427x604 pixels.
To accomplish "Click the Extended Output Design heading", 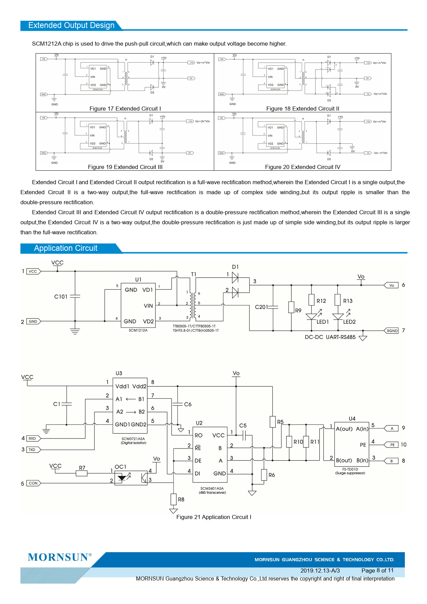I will tap(71, 26).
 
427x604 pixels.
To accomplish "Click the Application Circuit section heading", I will tap(66, 248).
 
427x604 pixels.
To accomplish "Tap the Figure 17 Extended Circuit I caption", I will tap(125, 108).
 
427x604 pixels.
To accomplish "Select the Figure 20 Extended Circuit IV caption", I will tap(302, 167).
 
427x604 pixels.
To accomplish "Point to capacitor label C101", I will tap(61, 296).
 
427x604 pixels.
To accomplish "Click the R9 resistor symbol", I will tap(291, 307).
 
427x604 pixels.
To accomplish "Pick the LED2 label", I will tap(349, 322).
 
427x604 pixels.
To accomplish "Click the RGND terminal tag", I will tap(392, 331).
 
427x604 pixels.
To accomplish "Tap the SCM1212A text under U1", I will tap(138, 330).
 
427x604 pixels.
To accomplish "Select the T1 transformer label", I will tap(194, 274).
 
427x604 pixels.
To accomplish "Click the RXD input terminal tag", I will tap(33, 438).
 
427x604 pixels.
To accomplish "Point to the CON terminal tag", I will tap(33, 483).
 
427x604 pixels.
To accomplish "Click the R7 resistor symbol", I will tap(82, 473).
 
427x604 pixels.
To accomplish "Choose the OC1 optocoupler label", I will tap(120, 467).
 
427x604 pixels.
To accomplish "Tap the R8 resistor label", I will tap(181, 499).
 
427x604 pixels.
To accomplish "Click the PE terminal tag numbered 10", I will tap(392, 445).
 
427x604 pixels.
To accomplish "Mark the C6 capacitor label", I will tap(188, 404).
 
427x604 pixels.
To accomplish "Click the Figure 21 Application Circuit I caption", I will tap(213, 517).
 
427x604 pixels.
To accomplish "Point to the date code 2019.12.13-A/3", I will tap(320, 570).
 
